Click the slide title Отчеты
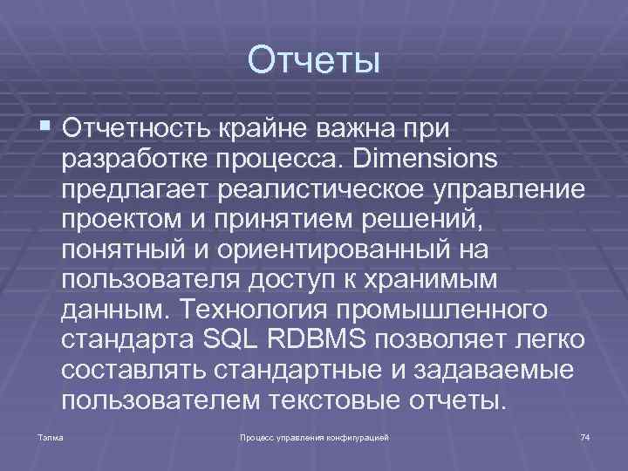(x=314, y=62)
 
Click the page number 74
(x=584, y=435)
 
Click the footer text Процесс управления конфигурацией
(x=313, y=435)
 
